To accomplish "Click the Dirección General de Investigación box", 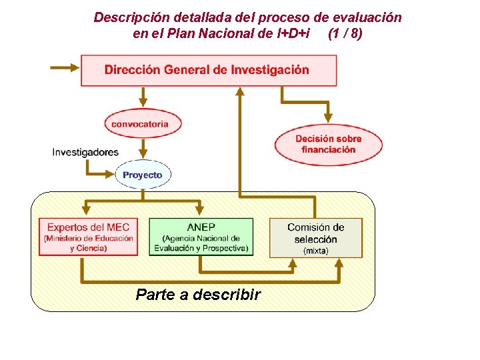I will pyautogui.click(x=208, y=70).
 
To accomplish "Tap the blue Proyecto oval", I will pyautogui.click(x=142, y=175).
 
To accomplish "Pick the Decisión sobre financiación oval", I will pyautogui.click(x=329, y=144).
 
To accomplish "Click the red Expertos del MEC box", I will pyautogui.click(x=88, y=237).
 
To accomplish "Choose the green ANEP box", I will pyautogui.click(x=201, y=237).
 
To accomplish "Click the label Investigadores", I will pyautogui.click(x=85, y=152).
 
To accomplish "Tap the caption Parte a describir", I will pyautogui.click(x=198, y=294).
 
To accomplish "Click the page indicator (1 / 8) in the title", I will pyautogui.click(x=345, y=33).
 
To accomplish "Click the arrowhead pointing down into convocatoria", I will pyautogui.click(x=141, y=102).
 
